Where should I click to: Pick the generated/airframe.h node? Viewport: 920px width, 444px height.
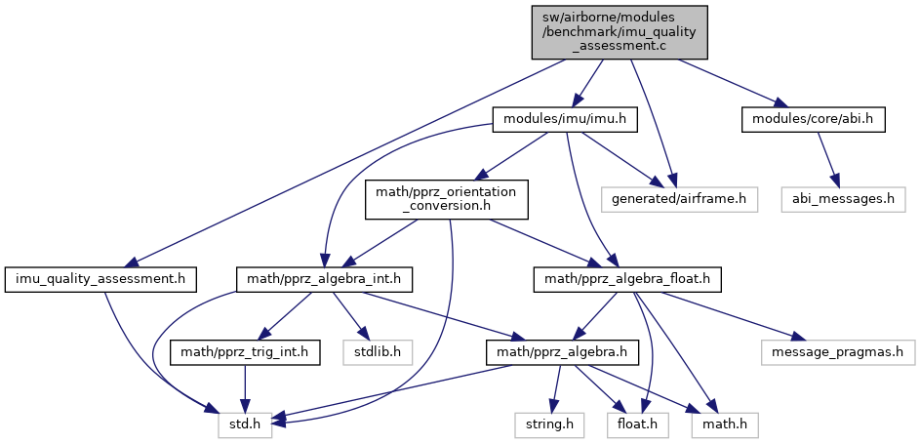[x=680, y=199]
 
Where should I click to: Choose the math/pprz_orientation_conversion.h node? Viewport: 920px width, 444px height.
[x=447, y=199]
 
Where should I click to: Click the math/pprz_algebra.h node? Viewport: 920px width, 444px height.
[x=555, y=349]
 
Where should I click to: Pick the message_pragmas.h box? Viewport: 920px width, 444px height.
[x=836, y=349]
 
